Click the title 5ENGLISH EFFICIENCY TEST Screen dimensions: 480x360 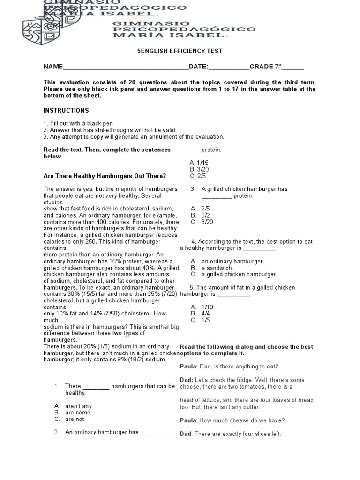pos(180,51)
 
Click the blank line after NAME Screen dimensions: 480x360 pos(125,67)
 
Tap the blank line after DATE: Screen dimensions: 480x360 pos(229,67)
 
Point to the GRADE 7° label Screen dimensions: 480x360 pos(265,67)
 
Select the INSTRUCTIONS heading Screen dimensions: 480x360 pos(66,111)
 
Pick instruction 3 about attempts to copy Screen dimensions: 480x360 pos(134,137)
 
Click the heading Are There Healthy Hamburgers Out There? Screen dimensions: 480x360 pos(105,176)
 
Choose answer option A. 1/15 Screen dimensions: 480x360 pos(199,163)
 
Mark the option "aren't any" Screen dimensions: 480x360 pos(78,406)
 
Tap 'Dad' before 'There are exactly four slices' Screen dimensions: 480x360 pos(186,434)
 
